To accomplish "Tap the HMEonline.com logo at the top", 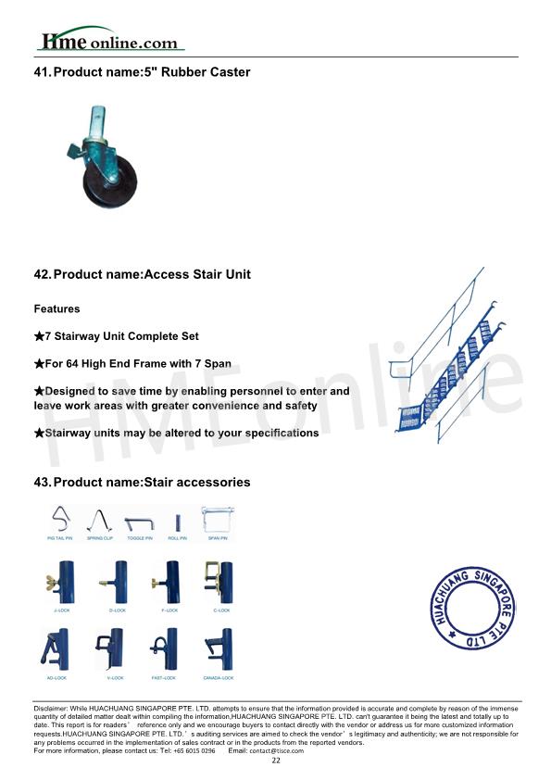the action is [108, 41].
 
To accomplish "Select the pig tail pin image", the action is [61, 519].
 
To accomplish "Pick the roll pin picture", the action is [177, 521].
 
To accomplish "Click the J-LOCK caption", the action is [61, 611].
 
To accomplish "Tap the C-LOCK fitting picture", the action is [219, 581].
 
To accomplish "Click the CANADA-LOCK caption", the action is [219, 678].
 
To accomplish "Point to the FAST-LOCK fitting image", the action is [165, 648].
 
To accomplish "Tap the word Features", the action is [56, 308].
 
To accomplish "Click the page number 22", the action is [275, 761].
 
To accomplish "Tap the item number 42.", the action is [42, 274].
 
